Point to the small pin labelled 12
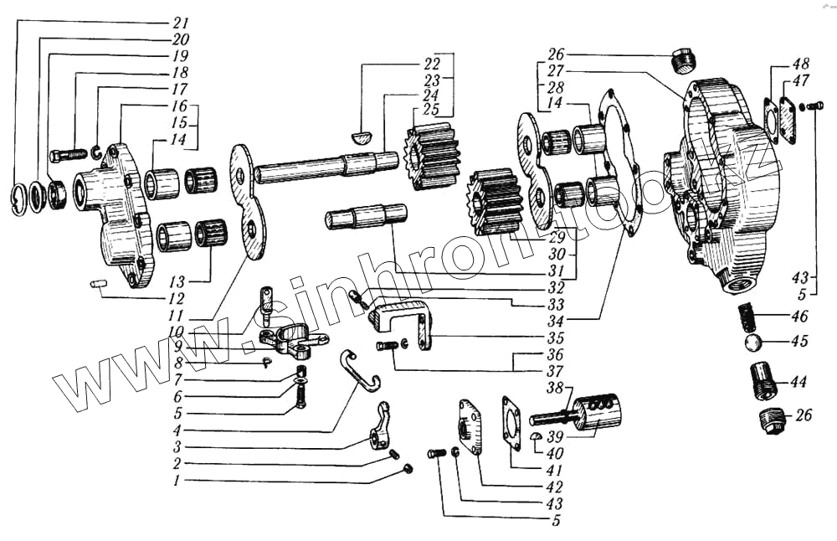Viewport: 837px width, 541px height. click(x=97, y=284)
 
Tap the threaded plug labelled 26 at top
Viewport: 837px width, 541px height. click(x=684, y=60)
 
